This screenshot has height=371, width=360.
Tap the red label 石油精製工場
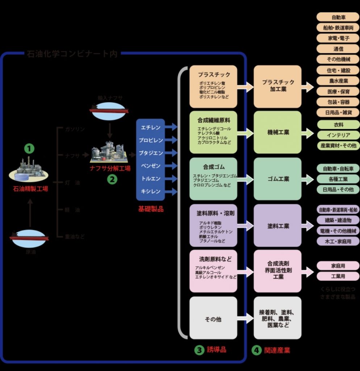coord(30,188)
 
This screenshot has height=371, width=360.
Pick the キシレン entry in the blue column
coord(151,191)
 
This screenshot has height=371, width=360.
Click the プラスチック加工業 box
coord(278,86)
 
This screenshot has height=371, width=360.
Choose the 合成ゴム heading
coord(214,167)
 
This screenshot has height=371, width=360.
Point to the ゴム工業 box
coord(278,179)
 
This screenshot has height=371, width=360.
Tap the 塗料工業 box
coord(278,226)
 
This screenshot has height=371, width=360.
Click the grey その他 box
coord(213,319)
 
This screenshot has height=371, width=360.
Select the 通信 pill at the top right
coord(338,49)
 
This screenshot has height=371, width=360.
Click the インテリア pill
coord(338,135)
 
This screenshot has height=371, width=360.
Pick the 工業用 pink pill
coord(338,276)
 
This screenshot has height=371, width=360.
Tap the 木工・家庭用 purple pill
coord(338,241)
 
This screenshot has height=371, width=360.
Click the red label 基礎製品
coord(151,209)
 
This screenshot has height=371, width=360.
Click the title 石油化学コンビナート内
coord(72,54)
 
